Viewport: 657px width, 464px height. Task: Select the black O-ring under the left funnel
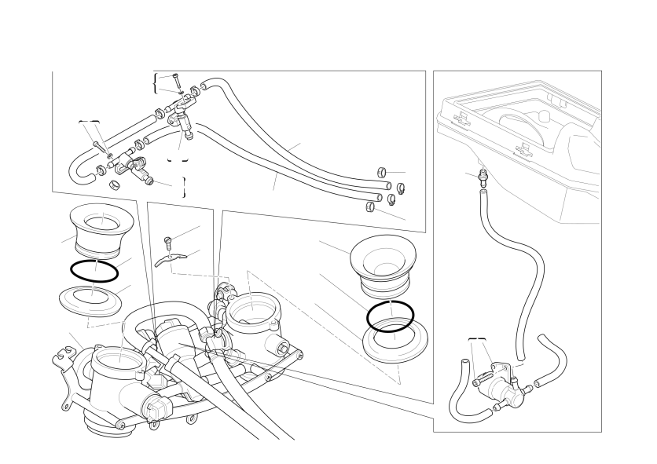(x=94, y=272)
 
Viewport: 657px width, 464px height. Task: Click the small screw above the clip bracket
(x=167, y=240)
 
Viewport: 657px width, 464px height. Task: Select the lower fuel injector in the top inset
(x=142, y=167)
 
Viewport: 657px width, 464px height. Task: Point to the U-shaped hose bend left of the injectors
(x=79, y=168)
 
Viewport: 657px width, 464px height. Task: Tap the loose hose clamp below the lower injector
(x=115, y=186)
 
